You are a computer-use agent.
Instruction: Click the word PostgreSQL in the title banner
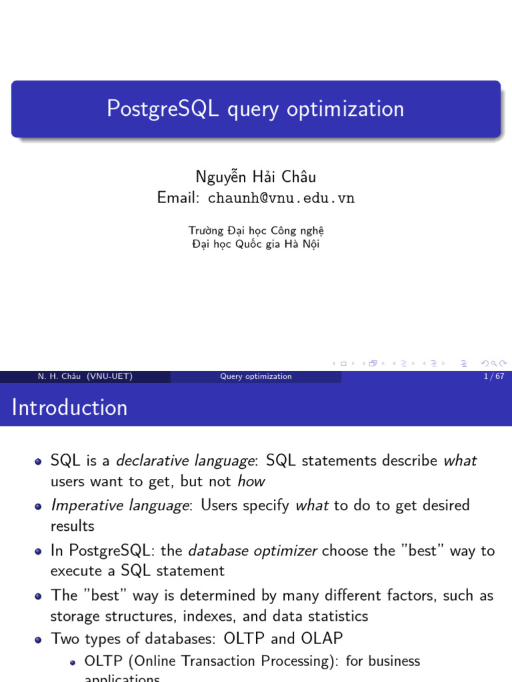163,109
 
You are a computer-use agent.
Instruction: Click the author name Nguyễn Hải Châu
255,176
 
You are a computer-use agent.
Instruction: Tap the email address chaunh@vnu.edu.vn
281,198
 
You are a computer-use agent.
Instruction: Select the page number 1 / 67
493,376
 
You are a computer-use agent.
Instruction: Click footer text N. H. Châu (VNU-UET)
85,376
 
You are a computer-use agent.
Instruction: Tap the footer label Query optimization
256,376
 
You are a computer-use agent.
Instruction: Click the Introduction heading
69,408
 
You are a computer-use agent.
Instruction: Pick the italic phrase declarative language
185,461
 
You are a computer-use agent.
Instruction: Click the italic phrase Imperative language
120,506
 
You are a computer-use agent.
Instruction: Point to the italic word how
251,482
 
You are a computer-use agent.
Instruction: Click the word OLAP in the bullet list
321,639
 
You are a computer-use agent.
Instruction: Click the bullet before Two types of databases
39,639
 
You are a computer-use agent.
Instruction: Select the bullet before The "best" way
39,596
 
